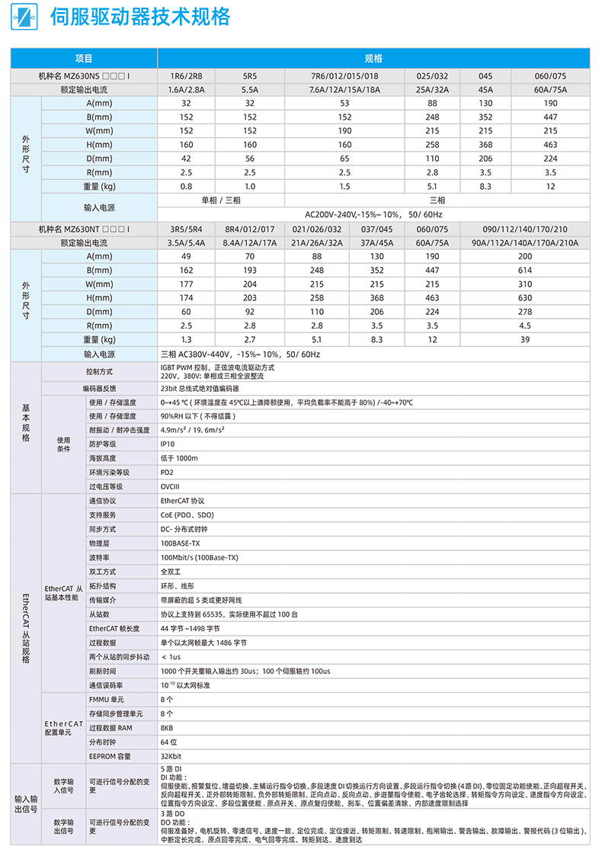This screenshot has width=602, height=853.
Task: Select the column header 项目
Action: coord(84,59)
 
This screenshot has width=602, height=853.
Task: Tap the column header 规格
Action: coord(373,59)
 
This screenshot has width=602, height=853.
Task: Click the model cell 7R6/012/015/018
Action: coord(344,76)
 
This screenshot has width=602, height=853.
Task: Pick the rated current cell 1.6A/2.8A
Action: coord(186,90)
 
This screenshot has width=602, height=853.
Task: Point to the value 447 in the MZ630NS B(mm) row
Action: coord(550,117)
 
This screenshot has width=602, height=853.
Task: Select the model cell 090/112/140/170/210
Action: coord(525,229)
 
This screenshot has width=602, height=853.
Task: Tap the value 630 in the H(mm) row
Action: coord(525,298)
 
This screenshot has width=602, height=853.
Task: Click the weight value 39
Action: coord(525,339)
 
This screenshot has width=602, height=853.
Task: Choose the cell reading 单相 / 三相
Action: coord(220,200)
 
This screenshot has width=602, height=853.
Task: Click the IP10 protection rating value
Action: coord(168,444)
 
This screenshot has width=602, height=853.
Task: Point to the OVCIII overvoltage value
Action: coord(171,486)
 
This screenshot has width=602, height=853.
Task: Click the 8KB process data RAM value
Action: coord(167,728)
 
